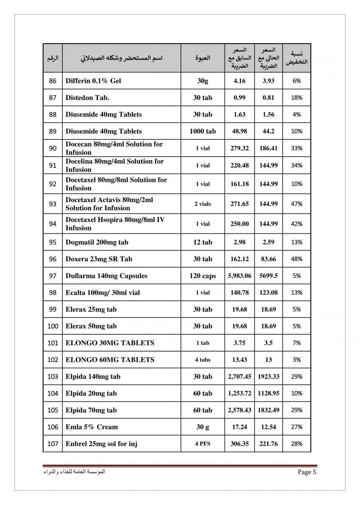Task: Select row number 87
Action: click(53, 97)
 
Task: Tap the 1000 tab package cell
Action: click(202, 131)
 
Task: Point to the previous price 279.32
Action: click(240, 148)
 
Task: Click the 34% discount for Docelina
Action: click(296, 165)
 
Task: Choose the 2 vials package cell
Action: click(202, 204)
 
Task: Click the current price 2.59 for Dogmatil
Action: click(268, 242)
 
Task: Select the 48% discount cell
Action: click(296, 259)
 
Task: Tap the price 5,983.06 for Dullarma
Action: click(240, 276)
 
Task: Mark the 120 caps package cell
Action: click(202, 276)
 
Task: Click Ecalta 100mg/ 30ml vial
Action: click(102, 292)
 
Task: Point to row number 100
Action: click(53, 326)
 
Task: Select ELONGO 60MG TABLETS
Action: click(110, 360)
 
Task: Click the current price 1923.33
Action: click(268, 376)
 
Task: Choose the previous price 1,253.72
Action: click(240, 393)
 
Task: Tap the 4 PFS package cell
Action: click(202, 444)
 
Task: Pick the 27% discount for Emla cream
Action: click(296, 427)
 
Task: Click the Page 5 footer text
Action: click(308, 472)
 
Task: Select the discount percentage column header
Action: click(296, 58)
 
